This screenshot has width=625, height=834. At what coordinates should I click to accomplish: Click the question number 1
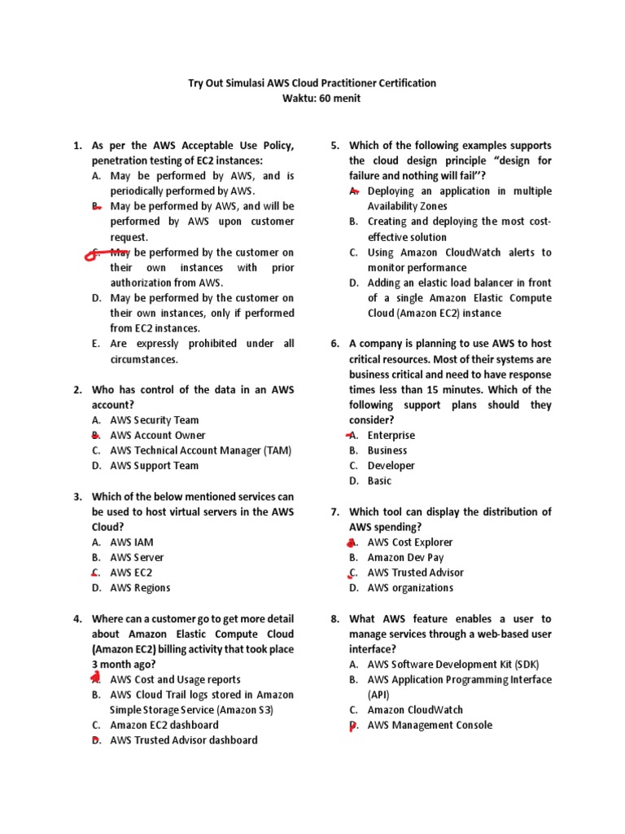pyautogui.click(x=77, y=146)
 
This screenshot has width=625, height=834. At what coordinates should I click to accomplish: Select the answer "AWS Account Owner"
pyautogui.click(x=158, y=436)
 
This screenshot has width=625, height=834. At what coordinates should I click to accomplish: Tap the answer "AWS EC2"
pyautogui.click(x=131, y=573)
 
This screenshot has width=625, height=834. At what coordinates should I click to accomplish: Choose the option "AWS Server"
pyautogui.click(x=137, y=558)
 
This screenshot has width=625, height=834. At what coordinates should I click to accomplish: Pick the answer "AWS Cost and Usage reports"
pyautogui.click(x=175, y=680)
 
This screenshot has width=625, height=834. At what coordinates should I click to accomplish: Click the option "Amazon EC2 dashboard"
pyautogui.click(x=164, y=725)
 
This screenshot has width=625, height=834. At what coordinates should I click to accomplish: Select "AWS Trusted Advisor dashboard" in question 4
pyautogui.click(x=184, y=740)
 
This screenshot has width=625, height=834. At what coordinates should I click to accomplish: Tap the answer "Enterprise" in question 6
pyautogui.click(x=391, y=436)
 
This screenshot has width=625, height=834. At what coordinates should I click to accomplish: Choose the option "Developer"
pyautogui.click(x=391, y=466)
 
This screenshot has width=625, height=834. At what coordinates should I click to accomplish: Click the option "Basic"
pyautogui.click(x=379, y=481)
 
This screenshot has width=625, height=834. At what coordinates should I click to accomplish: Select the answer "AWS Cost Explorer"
pyautogui.click(x=410, y=542)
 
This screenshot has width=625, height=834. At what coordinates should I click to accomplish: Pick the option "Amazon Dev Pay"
pyautogui.click(x=405, y=558)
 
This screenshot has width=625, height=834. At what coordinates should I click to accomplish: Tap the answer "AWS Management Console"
pyautogui.click(x=430, y=726)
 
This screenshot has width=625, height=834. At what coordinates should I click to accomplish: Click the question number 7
pyautogui.click(x=334, y=512)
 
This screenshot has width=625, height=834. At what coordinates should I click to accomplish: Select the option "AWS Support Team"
pyautogui.click(x=155, y=466)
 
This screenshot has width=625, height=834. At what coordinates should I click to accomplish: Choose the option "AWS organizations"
pyautogui.click(x=410, y=588)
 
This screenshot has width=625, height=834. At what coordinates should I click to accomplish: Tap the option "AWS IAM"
pyautogui.click(x=132, y=542)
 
